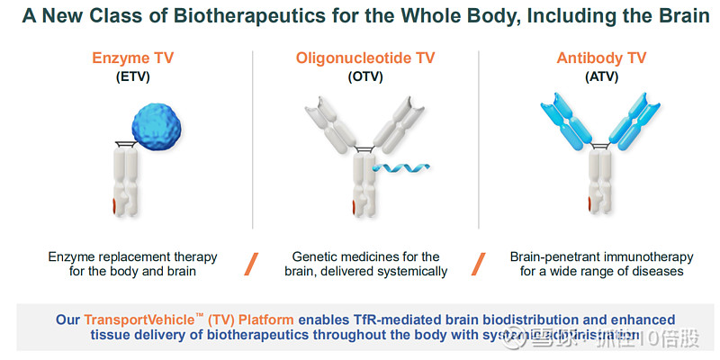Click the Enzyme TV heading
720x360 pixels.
[x=132, y=58]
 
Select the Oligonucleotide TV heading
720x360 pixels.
[x=365, y=58]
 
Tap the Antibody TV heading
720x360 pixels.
[x=601, y=58]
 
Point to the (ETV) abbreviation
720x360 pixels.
[x=132, y=76]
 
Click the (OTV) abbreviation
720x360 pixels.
[x=365, y=76]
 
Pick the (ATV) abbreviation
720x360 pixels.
[x=601, y=76]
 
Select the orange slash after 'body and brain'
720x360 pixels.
[x=253, y=264]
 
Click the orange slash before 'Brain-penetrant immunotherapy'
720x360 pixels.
[x=479, y=264]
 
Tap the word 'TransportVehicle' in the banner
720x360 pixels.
[x=139, y=319]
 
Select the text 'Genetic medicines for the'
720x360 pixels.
[x=365, y=257]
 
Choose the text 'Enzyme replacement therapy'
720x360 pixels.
[x=132, y=257]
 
